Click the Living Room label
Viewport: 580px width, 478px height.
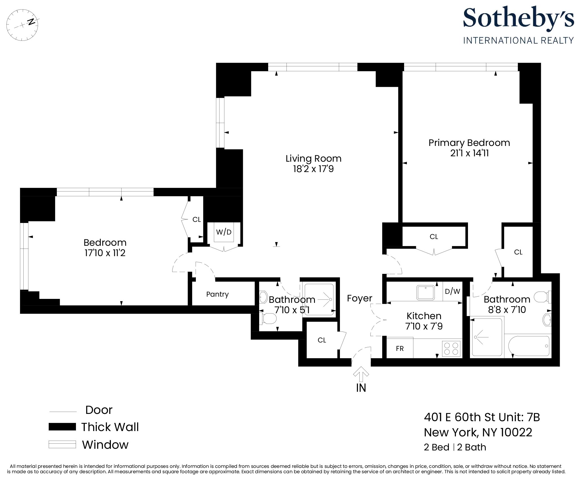point(313,159)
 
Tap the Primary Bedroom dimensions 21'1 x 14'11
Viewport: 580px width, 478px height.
point(469,153)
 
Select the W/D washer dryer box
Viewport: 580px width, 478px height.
point(224,232)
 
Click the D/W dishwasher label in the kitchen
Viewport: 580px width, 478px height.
point(452,291)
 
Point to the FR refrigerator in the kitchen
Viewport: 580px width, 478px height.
point(400,348)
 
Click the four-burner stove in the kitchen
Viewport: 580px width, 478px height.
point(451,349)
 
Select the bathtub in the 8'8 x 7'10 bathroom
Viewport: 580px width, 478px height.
point(529,346)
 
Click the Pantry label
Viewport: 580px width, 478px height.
point(217,294)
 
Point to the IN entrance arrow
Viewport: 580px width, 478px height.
point(361,374)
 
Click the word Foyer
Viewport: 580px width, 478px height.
point(359,298)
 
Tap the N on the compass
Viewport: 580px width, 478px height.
point(32,22)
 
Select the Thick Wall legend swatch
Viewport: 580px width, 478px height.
point(62,427)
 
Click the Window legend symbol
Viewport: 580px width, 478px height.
point(62,445)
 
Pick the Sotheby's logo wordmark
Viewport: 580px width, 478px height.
point(518,18)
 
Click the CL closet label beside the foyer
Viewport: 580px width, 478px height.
point(322,340)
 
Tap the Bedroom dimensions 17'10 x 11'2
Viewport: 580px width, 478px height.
point(105,253)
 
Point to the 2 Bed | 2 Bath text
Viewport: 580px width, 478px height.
point(455,447)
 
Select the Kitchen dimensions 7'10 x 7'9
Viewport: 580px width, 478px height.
point(424,326)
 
